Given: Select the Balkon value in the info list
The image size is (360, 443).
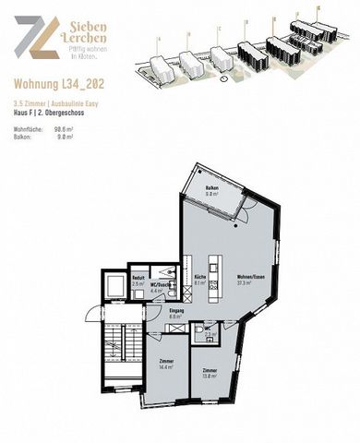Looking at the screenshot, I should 64,137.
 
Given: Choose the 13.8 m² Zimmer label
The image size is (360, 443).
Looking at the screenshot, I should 210,372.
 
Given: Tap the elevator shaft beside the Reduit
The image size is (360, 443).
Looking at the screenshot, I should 115,286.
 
